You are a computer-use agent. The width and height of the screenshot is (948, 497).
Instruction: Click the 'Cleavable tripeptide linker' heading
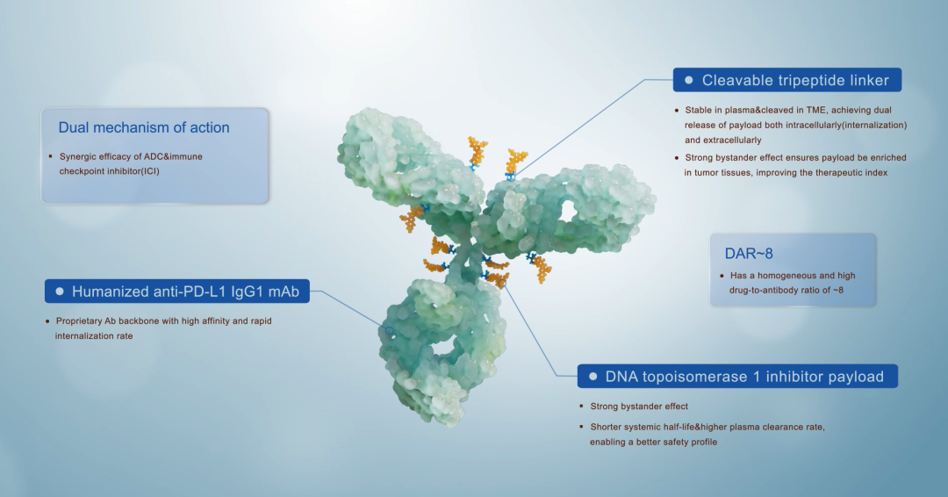pyautogui.click(x=795, y=81)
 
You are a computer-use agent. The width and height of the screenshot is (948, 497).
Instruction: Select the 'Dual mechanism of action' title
pyautogui.click(x=144, y=127)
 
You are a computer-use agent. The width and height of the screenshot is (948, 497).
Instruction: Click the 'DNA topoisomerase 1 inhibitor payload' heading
pyautogui.click(x=744, y=377)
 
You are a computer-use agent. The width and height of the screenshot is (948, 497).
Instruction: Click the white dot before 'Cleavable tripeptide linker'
pyautogui.click(x=689, y=81)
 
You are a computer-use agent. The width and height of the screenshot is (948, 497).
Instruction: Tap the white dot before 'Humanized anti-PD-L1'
pyautogui.click(x=60, y=292)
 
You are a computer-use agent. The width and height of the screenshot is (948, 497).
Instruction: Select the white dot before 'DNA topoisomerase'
pyautogui.click(x=592, y=377)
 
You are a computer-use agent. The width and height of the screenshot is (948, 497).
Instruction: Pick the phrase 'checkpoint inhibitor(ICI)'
pyautogui.click(x=109, y=171)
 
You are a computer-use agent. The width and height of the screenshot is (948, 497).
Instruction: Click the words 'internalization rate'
pyautogui.click(x=94, y=335)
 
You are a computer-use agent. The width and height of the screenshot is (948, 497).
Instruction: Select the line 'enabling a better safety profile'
pyautogui.click(x=653, y=442)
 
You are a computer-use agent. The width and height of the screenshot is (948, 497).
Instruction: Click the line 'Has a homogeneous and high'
pyautogui.click(x=786, y=276)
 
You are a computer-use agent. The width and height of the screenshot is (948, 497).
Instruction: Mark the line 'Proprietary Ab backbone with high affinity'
pyautogui.click(x=163, y=321)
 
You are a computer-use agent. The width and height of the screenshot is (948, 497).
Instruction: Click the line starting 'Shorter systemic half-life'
pyautogui.click(x=707, y=427)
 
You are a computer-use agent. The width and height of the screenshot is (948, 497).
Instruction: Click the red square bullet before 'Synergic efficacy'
pyautogui.click(x=50, y=156)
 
